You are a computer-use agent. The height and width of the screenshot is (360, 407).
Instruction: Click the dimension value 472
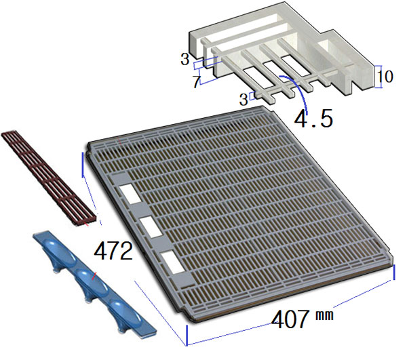tap(113, 251)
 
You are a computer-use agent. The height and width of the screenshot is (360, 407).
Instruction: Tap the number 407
tap(290, 319)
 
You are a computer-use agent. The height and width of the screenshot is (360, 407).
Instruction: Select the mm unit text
tap(324, 315)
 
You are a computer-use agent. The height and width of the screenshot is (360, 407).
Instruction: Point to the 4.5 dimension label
tap(313, 118)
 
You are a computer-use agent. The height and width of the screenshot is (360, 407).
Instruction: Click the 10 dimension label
tap(385, 77)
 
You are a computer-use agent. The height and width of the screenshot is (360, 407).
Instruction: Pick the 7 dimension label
tap(197, 81)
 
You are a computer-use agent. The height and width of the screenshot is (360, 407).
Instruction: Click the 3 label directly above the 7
tap(185, 59)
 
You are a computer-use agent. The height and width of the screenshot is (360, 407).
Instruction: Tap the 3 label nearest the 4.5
tap(244, 100)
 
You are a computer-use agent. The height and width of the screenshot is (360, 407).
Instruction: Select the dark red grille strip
tap(50, 178)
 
